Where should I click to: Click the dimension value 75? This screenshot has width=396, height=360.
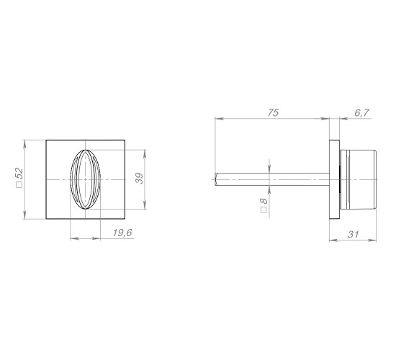[273, 112]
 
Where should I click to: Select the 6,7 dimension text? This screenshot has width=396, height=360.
[362, 112]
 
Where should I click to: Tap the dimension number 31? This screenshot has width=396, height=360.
[353, 235]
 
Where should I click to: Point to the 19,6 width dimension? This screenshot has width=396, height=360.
[122, 233]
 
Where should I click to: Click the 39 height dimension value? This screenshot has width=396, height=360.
[139, 179]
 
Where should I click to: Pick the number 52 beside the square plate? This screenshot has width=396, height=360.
[19, 174]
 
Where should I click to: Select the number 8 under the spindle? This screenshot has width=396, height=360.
[264, 201]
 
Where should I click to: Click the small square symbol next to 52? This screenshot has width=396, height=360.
[19, 184]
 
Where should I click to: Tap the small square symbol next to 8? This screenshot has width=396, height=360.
[264, 210]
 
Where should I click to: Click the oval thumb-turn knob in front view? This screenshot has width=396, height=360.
[86, 179]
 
